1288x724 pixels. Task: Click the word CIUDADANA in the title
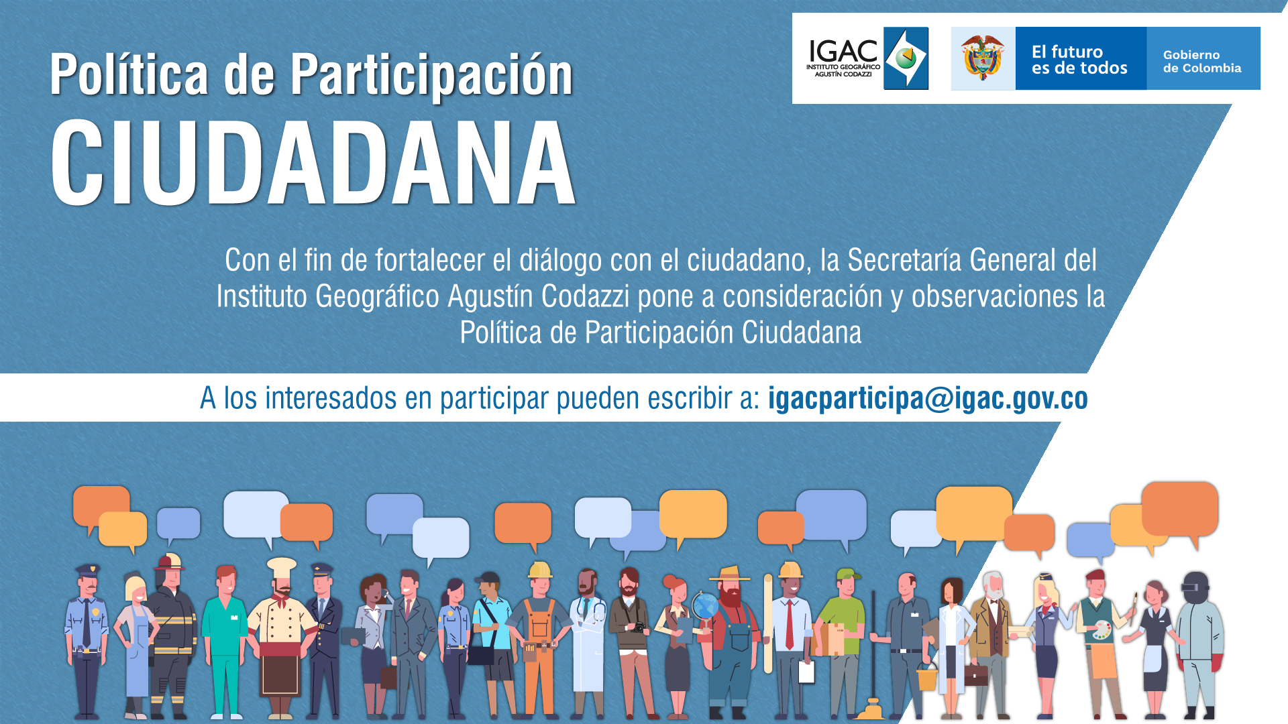pos(313,163)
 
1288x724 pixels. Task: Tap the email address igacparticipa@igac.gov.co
pos(928,398)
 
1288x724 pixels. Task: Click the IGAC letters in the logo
pos(843,51)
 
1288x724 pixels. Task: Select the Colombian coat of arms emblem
pos(983,58)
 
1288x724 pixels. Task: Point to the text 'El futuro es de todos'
pos(1079,60)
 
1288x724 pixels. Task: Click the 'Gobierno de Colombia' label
pos(1202,61)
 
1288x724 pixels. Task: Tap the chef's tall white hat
pos(281,568)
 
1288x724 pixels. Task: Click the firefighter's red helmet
pos(170,561)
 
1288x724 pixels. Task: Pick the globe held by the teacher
pos(705,607)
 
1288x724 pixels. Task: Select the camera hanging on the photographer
pos(638,627)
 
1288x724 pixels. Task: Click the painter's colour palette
pos(1102,630)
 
